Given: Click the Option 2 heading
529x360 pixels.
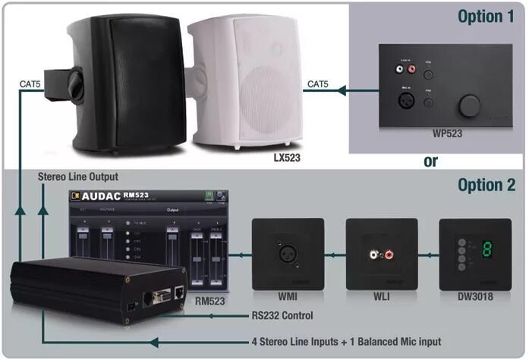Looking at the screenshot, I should (x=486, y=185).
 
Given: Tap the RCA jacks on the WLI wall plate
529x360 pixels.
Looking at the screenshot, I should (x=381, y=253).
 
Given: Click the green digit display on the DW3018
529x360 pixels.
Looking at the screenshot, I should (x=488, y=253).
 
